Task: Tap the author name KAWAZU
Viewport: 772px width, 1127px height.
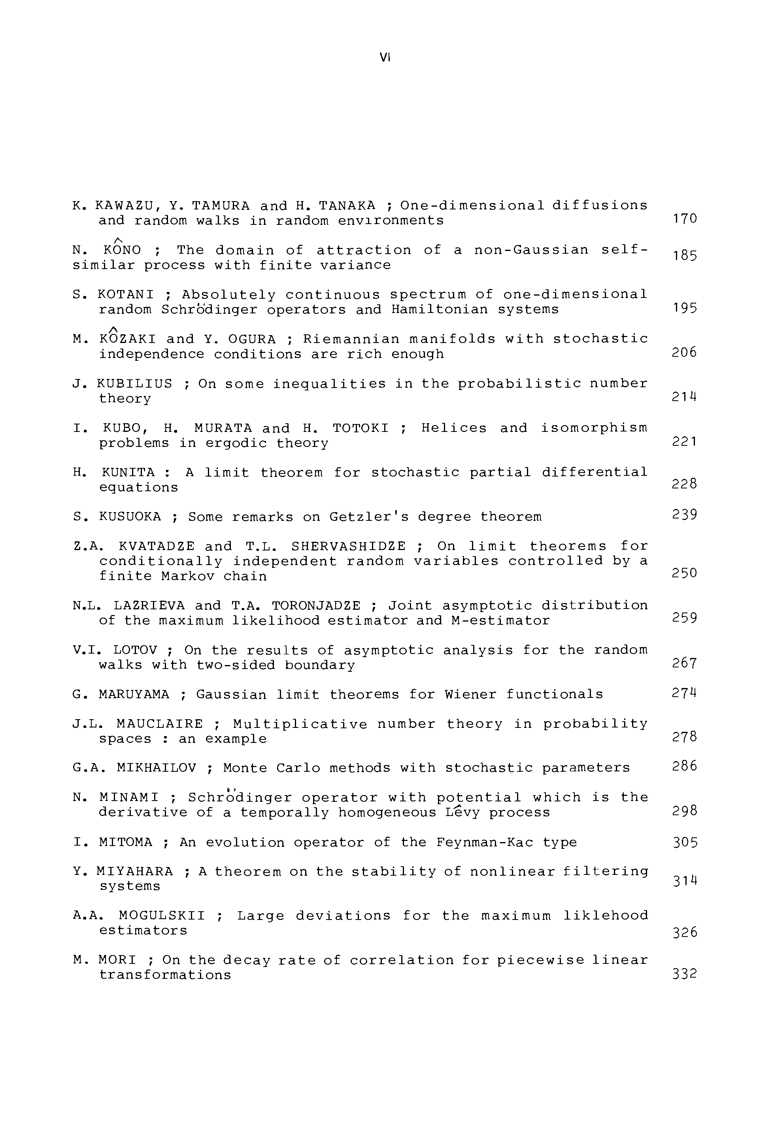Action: tap(124, 205)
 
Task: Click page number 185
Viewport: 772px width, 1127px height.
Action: tap(685, 256)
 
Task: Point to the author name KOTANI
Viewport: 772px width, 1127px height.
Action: tap(126, 295)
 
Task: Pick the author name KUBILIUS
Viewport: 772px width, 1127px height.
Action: tap(134, 384)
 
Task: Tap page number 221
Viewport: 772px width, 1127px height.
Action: tap(684, 442)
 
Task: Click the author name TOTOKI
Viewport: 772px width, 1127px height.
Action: tap(361, 429)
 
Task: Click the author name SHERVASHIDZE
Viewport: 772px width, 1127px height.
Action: tap(348, 547)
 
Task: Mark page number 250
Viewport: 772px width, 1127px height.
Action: tap(684, 574)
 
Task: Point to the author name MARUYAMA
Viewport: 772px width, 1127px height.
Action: tap(134, 695)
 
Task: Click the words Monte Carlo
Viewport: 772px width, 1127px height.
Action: tap(271, 769)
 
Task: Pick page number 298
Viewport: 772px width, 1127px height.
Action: tap(685, 811)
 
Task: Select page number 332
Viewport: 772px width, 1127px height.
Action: tap(685, 974)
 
